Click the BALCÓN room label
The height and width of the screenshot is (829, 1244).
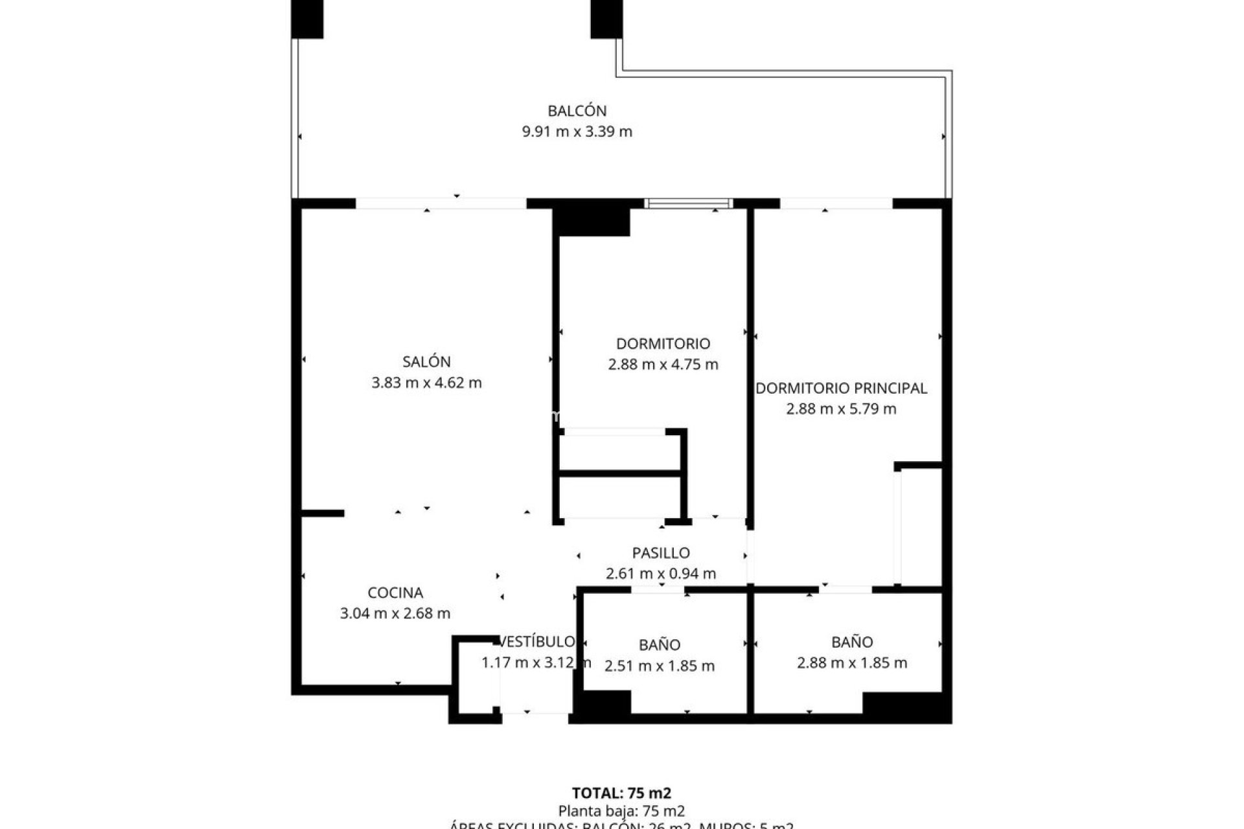point(577,111)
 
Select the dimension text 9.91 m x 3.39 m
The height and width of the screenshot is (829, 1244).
point(577,131)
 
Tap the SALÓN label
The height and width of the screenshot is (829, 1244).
point(426,361)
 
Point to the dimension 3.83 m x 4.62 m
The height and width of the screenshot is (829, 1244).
point(426,383)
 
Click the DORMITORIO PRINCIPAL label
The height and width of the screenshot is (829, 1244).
point(841,388)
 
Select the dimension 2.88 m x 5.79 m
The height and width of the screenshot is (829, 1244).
point(841,409)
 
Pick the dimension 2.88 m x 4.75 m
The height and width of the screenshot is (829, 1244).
point(663,365)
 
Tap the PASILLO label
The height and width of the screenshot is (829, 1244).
point(661,552)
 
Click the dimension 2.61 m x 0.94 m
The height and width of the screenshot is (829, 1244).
point(661,573)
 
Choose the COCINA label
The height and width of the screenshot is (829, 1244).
point(395,593)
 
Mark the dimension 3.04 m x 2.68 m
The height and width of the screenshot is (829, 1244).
point(395,613)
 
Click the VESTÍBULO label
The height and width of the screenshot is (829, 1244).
point(536,641)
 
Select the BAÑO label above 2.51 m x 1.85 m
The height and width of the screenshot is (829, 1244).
point(660,644)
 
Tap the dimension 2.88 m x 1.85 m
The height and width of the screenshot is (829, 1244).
point(852,663)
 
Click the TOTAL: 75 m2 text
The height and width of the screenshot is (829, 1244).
point(621,793)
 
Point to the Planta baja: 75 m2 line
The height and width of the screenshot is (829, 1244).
point(621,811)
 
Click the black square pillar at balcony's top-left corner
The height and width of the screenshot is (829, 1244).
point(306,19)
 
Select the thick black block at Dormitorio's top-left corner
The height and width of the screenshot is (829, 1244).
point(591,221)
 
